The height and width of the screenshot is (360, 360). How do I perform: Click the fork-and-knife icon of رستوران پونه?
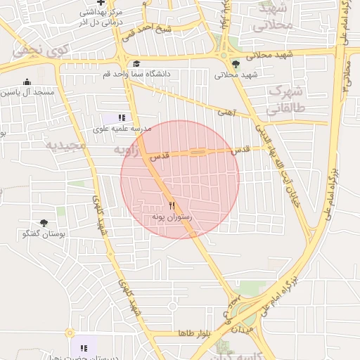pyautogui.click(x=172, y=206)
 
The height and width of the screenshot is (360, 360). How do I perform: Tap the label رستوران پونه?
pyautogui.click(x=172, y=218)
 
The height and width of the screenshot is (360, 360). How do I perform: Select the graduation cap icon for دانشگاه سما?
pyautogui.click(x=136, y=64)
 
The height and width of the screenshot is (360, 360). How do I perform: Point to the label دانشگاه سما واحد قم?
pyautogui.click(x=137, y=74)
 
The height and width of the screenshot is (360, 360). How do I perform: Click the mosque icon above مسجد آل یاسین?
pyautogui.click(x=27, y=82)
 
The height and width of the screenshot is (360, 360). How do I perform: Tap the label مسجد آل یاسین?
pyautogui.click(x=27, y=92)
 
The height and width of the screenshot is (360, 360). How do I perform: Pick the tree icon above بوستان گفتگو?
pyautogui.click(x=44, y=223)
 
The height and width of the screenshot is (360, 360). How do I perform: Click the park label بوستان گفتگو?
pyautogui.click(x=44, y=233)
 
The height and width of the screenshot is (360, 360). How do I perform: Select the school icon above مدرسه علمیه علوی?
pyautogui.click(x=122, y=118)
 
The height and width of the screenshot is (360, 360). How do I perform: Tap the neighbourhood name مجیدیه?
pyautogui.click(x=65, y=146)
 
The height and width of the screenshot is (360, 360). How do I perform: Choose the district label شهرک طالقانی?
pyautogui.click(x=283, y=101)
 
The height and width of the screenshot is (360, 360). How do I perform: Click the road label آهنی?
pyautogui.click(x=225, y=111)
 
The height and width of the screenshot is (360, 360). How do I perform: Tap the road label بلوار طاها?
pyautogui.click(x=191, y=333)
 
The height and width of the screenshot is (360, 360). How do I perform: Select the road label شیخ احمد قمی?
pyautogui.click(x=154, y=30)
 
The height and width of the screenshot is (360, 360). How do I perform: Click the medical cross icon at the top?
pyautogui.click(x=101, y=4)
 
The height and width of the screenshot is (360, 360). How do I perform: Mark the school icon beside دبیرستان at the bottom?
pyautogui.click(x=84, y=347)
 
